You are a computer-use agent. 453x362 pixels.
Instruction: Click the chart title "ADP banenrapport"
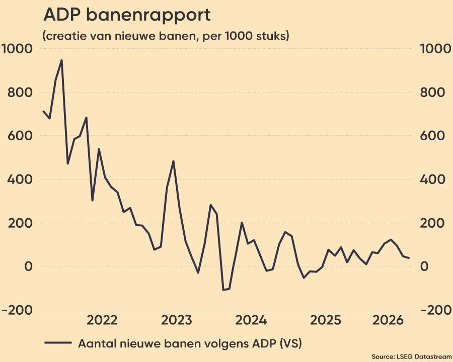click(x=127, y=15)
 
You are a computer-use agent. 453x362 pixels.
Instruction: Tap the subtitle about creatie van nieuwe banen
click(x=166, y=36)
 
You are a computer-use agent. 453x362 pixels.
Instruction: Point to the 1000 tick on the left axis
click(x=17, y=48)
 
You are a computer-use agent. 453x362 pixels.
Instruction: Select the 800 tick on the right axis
click(x=432, y=93)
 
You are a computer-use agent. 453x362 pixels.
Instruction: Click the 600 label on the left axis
click(x=20, y=136)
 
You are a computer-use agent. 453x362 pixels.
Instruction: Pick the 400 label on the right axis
click(x=432, y=179)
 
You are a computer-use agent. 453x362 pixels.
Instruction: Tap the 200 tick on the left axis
click(x=20, y=223)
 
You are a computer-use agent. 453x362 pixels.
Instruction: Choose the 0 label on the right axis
click(x=424, y=266)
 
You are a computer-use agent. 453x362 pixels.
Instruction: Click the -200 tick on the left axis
click(x=17, y=310)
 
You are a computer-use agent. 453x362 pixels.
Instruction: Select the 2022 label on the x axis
click(x=102, y=320)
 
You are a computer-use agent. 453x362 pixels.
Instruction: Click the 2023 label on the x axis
click(x=177, y=320)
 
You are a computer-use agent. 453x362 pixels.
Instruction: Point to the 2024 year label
click(x=251, y=320)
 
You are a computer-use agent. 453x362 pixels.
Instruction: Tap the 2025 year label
click(x=326, y=320)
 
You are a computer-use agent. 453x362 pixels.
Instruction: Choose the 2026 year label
click(x=388, y=320)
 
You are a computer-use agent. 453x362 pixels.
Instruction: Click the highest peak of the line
click(x=61, y=60)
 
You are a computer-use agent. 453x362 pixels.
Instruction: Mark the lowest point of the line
click(x=223, y=290)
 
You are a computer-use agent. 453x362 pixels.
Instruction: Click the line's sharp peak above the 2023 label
click(x=173, y=161)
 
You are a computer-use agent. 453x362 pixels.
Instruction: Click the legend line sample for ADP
click(x=58, y=343)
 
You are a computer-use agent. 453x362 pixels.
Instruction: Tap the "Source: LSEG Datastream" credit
click(x=411, y=356)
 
